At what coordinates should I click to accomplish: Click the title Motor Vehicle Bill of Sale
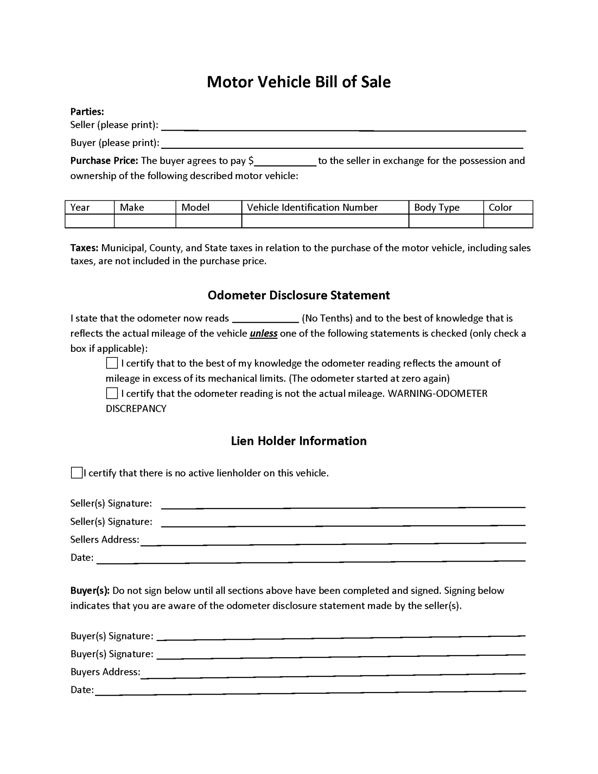[298, 82]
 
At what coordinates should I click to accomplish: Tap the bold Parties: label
[87, 111]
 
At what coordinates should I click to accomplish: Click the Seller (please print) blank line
[343, 127]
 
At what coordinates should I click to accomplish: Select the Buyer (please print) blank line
[342, 145]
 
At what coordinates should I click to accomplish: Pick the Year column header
[80, 207]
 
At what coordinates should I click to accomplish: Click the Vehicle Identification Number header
[312, 207]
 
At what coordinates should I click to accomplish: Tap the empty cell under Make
[145, 221]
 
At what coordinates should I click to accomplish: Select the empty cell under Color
[508, 221]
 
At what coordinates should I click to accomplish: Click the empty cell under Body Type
[446, 221]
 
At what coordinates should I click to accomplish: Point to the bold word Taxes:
[84, 248]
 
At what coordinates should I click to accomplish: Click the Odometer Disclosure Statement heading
[298, 295]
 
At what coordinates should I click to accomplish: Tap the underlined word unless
[263, 334]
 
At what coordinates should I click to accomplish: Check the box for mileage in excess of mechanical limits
[112, 363]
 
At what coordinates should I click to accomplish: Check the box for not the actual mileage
[112, 393]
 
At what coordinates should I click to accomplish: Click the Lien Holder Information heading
[298, 441]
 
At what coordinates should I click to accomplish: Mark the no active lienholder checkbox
[77, 473]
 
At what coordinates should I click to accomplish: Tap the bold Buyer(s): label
[90, 591]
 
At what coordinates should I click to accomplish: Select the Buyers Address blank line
[332, 673]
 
